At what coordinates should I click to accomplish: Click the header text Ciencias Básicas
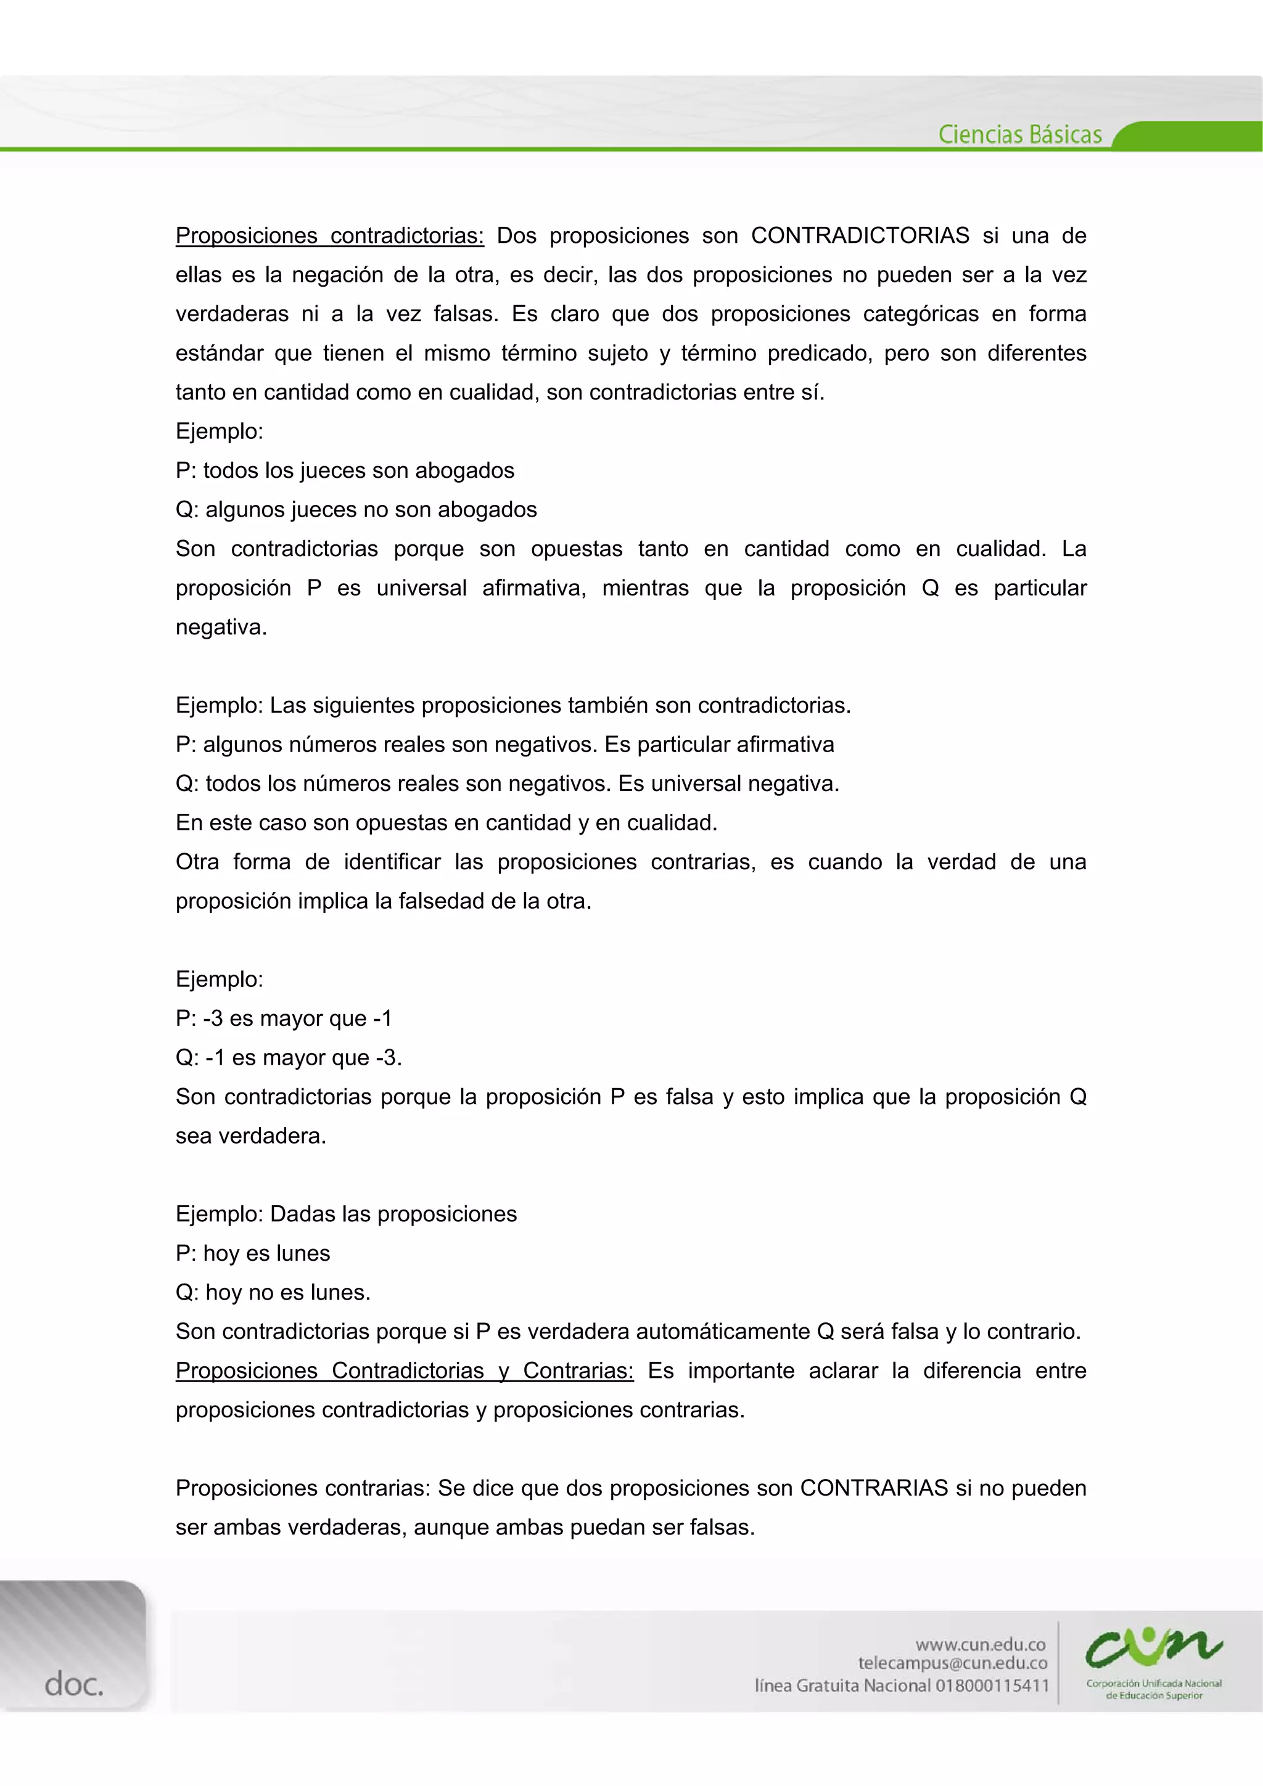click(1019, 134)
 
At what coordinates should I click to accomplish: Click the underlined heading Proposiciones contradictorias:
click(329, 236)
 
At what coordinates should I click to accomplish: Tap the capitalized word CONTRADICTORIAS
click(860, 236)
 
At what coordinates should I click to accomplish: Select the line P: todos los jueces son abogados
click(345, 470)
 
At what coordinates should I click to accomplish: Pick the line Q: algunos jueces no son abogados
click(356, 509)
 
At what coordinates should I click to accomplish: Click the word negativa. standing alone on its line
click(221, 627)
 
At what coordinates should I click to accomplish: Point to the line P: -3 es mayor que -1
click(284, 1018)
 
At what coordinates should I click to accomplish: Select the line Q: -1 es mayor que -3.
click(289, 1057)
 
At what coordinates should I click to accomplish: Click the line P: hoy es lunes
click(253, 1253)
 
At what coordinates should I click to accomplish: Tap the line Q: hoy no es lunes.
click(273, 1292)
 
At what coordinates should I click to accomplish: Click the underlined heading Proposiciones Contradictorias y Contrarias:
click(405, 1370)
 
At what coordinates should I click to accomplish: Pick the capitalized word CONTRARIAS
click(874, 1488)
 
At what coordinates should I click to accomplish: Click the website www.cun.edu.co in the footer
click(981, 1644)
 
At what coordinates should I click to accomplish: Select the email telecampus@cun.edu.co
click(953, 1664)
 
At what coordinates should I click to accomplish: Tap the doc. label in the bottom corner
click(73, 1685)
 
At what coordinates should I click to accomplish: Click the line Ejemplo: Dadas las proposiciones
click(347, 1215)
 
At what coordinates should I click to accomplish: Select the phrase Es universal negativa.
click(728, 784)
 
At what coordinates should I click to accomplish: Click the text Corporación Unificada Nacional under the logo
click(1154, 1683)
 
